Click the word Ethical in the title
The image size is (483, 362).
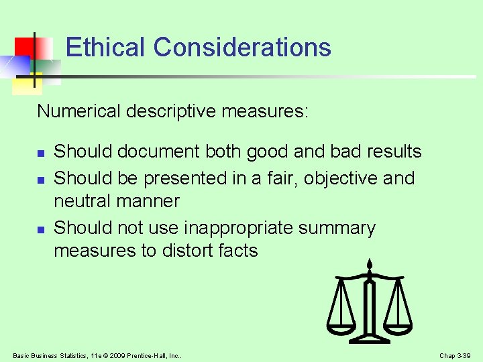(105, 48)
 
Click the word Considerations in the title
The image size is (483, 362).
(242, 48)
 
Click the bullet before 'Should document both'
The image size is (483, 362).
(40, 154)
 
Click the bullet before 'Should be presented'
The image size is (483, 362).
(40, 180)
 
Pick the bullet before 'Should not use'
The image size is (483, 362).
(40, 230)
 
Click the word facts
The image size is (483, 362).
(237, 251)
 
